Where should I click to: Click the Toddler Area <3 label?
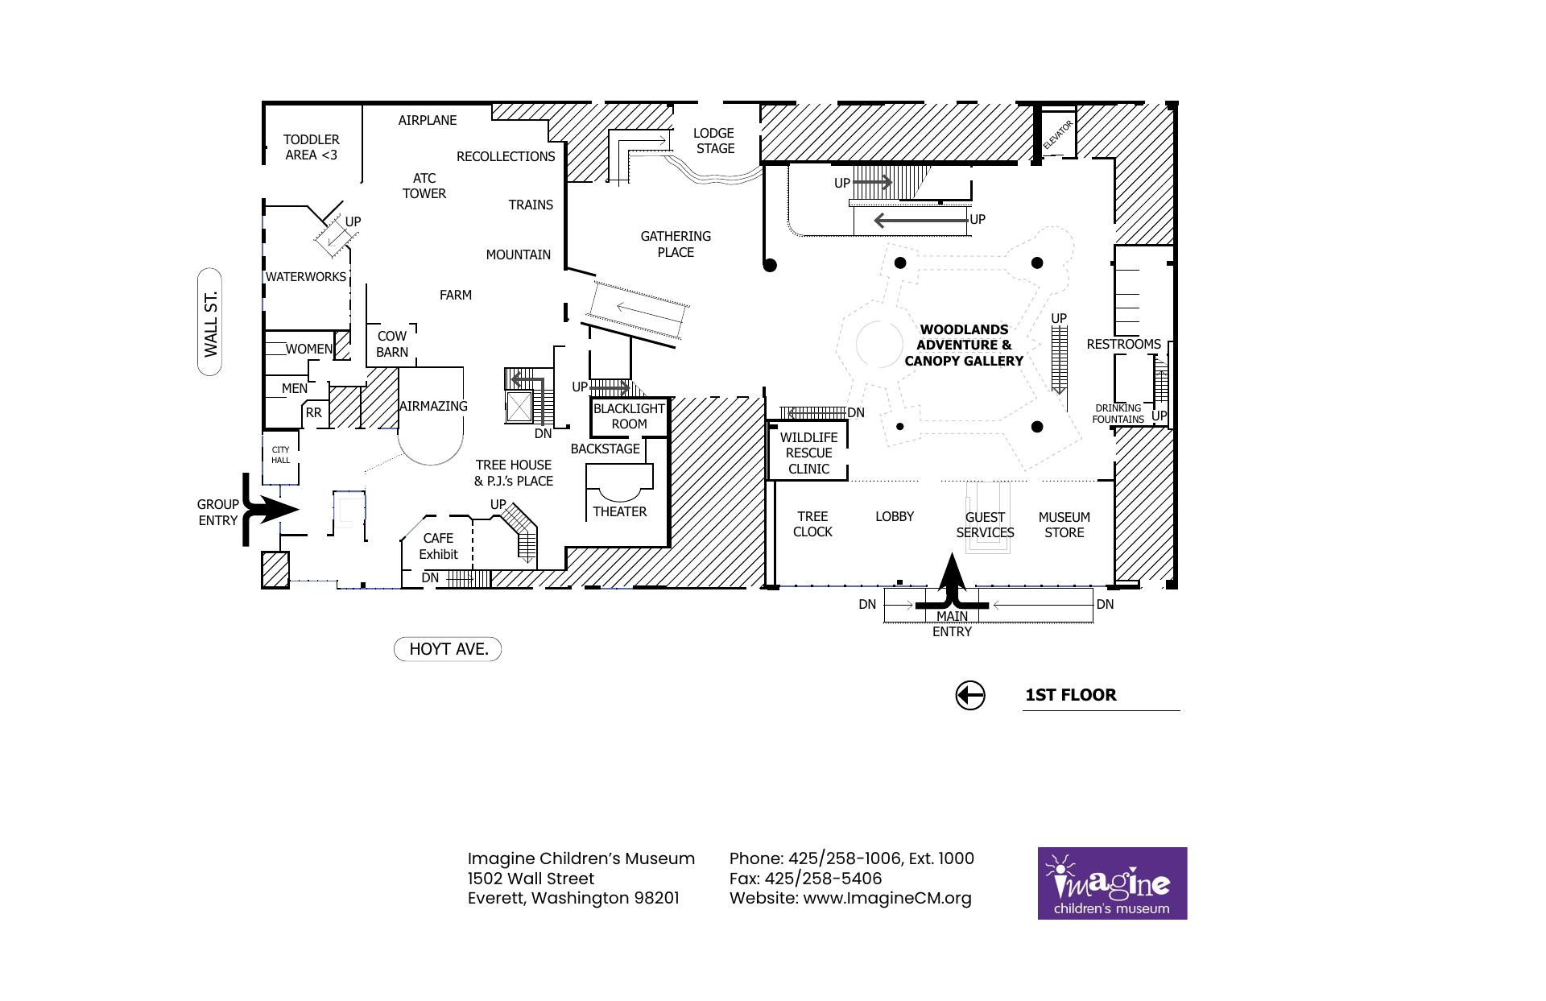point(311,147)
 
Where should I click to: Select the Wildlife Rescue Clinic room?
point(808,451)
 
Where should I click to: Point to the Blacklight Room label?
point(629,416)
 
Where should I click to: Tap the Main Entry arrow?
point(953,581)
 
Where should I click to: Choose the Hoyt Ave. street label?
point(448,649)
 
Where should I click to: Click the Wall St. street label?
point(210,322)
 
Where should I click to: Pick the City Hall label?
point(280,455)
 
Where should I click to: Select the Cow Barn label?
point(392,344)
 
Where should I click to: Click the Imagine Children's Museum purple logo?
point(1112,883)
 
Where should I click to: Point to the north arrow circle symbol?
point(969,695)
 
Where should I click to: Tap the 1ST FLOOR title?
point(1070,695)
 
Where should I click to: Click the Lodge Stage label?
point(714,141)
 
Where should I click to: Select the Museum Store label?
point(1064,525)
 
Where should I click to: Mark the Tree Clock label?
point(812,524)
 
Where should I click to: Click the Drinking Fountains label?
point(1118,414)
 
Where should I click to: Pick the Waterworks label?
point(306,277)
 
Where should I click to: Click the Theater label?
point(619,511)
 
